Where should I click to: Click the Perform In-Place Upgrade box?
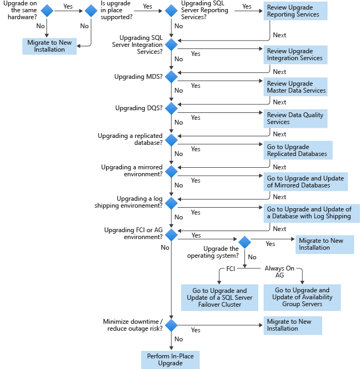point(170,359)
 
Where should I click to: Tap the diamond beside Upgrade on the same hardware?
point(47,11)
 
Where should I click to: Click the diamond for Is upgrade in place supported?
point(92,11)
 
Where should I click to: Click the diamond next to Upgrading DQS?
point(171,108)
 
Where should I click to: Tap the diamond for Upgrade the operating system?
point(244,242)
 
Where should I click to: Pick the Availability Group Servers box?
point(302,297)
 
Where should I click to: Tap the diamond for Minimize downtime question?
point(171,325)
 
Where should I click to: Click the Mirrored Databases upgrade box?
point(306,182)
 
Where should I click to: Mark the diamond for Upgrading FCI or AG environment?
point(171,234)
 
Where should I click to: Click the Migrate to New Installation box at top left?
point(50,46)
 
